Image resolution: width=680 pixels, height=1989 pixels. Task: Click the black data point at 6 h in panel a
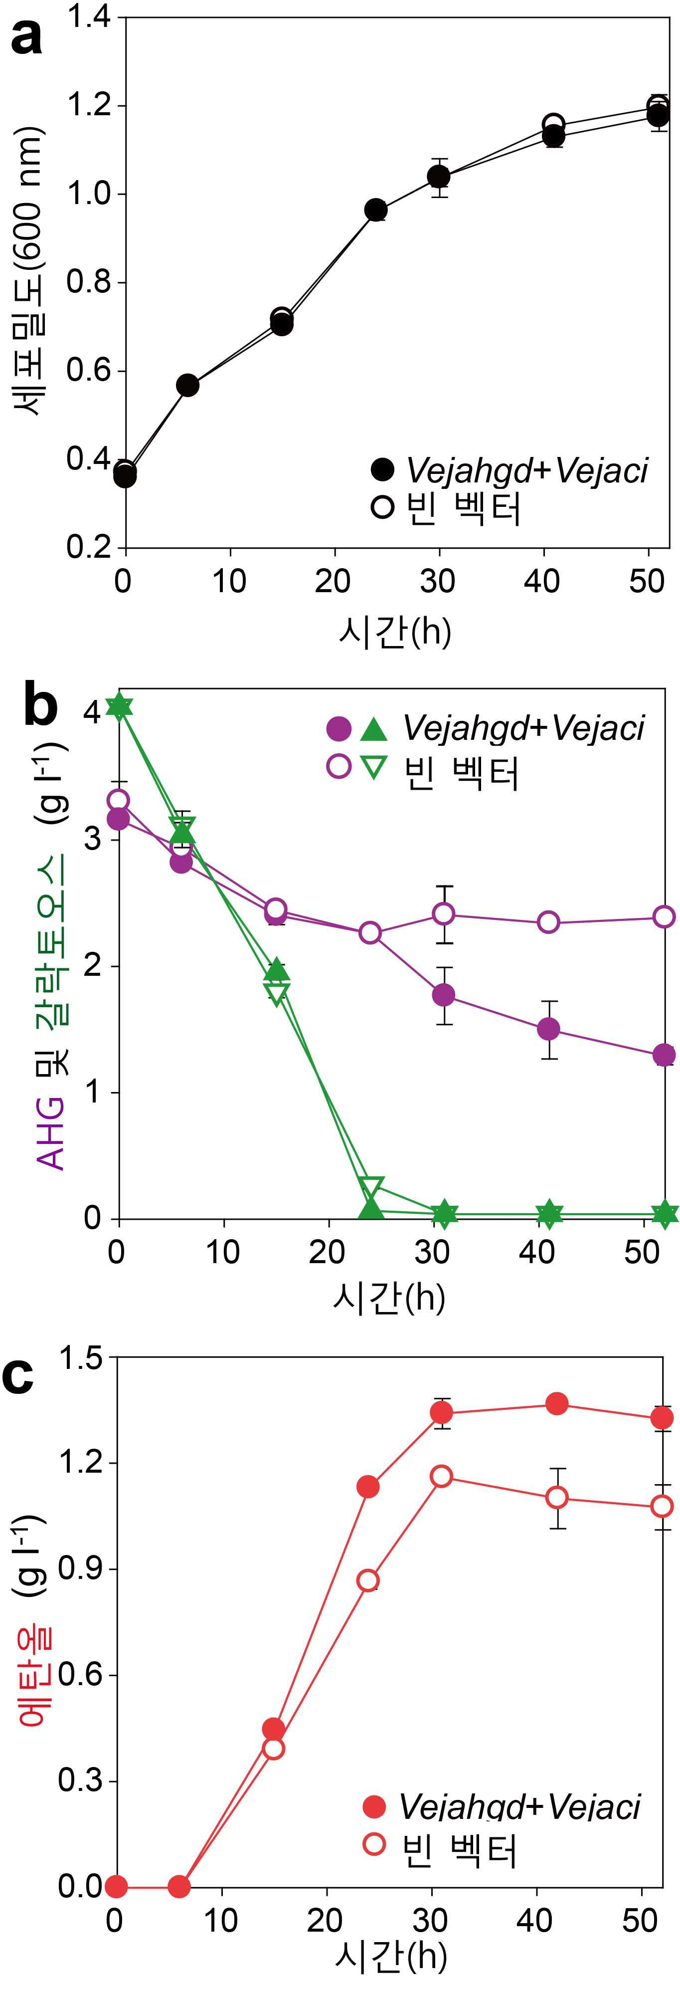tap(187, 385)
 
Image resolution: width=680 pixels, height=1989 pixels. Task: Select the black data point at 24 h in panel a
tap(376, 210)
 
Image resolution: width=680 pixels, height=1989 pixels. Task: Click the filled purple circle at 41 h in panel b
tap(548, 1029)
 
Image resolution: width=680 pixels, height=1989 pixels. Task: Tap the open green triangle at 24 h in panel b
tap(371, 1187)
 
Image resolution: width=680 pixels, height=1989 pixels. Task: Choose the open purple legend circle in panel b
tap(339, 767)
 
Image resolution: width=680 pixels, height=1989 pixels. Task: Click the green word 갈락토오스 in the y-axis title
tap(52, 939)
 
